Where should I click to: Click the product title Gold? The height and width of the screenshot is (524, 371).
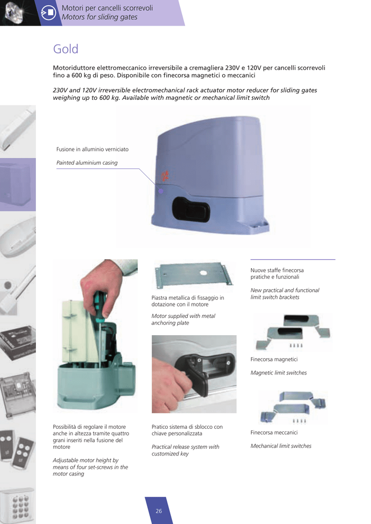point(66,49)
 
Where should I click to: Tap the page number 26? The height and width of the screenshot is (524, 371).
point(159,511)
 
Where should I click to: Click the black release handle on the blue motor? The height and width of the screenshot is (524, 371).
point(191,209)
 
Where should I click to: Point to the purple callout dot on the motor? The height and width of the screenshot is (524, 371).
point(161,191)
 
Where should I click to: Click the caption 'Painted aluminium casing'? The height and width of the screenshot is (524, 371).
point(87,163)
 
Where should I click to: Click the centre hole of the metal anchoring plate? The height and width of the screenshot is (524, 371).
point(203,273)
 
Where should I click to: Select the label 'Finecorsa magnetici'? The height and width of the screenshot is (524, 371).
point(274,359)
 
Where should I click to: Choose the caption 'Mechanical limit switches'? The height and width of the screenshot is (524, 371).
point(281,446)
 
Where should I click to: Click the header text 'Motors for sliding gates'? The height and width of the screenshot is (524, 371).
point(99,17)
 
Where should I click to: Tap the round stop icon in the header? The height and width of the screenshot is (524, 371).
point(49,12)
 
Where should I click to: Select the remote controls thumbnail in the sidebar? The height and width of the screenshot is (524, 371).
point(17,448)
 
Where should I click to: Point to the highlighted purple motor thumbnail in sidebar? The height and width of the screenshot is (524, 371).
point(18,184)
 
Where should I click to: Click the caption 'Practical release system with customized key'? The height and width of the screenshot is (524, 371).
point(185,450)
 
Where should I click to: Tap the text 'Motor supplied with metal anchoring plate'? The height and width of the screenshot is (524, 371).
point(183,319)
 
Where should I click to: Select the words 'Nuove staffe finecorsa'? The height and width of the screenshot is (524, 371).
point(277,270)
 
